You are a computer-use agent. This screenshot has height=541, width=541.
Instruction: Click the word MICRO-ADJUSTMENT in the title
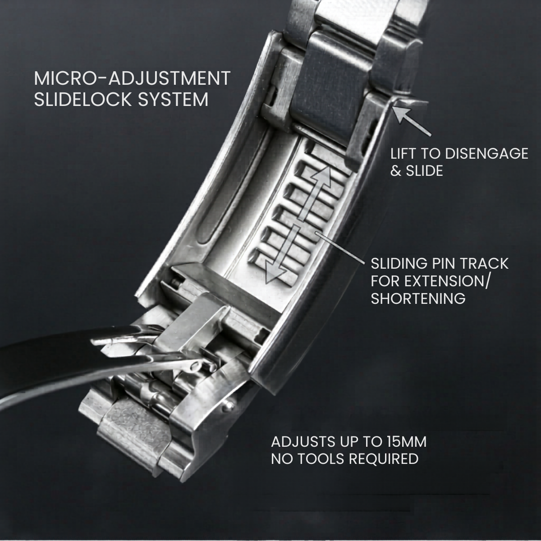(x=132, y=78)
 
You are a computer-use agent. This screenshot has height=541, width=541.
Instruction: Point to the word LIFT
(x=404, y=154)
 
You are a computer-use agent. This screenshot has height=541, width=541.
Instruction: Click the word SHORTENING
(x=418, y=298)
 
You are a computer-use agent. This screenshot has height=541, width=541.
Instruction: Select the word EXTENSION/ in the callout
(x=430, y=281)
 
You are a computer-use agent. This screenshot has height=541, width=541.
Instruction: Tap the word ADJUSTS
(x=306, y=442)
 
